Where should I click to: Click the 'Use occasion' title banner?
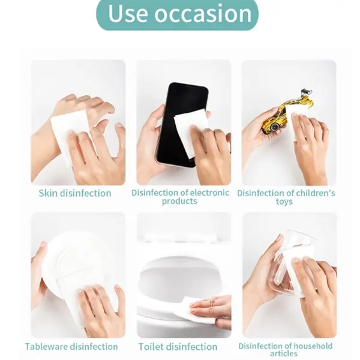coord(177,14)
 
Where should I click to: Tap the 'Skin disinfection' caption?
coord(75,193)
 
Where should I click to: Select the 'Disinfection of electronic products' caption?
coord(180,197)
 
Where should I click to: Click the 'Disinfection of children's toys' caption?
coord(286,197)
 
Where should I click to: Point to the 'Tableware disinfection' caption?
coord(71,346)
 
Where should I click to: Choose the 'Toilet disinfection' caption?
coord(178,347)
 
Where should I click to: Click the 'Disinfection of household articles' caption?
coord(286,349)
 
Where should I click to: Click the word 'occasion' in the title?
coord(203,13)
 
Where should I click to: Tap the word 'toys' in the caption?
coord(284,202)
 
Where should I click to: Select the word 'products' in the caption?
coord(179,202)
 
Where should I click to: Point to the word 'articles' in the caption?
coord(284,353)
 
